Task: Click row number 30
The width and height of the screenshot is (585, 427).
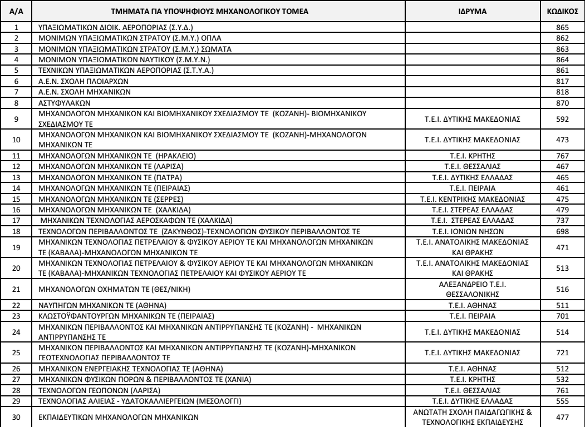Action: tap(17, 416)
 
